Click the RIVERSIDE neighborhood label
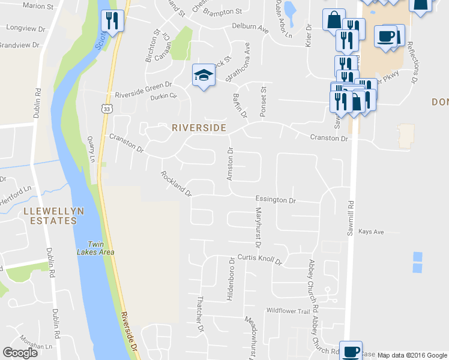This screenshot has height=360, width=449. pos(199,128)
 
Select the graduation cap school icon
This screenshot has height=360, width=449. pos(203,76)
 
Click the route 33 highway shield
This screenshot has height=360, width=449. pos(106,109)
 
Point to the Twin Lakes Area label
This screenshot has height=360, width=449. pos(100,248)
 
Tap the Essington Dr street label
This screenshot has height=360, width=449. pos(276,200)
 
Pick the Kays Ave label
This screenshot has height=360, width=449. pos(370,232)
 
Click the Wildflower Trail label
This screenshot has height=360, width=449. pos(288,311)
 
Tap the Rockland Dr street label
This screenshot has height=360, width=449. pos(175,184)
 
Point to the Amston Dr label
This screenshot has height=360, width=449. pos(229,166)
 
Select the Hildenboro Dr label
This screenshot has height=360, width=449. pos(230,280)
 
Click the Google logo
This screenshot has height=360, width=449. pos(20,353)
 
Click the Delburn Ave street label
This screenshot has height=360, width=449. pos(250,28)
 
